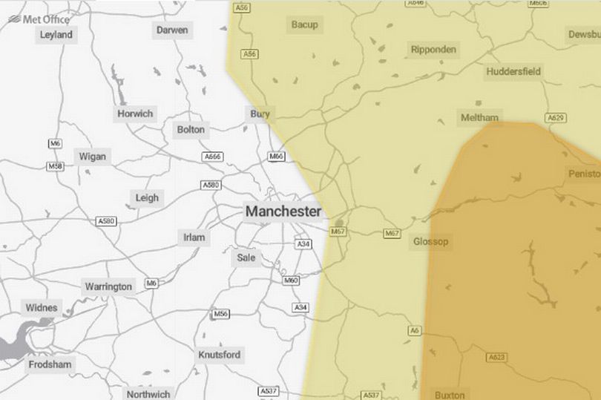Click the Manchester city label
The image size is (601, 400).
(283, 212)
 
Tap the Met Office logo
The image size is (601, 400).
(40, 18)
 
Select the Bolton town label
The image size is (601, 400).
(191, 129)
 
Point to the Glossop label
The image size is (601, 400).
(430, 241)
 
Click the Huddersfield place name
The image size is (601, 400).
(513, 71)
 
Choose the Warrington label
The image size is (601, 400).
(108, 286)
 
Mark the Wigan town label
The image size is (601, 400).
(92, 157)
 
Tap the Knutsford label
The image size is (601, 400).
(220, 355)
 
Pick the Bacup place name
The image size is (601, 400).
(304, 24)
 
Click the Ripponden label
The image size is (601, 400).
(434, 50)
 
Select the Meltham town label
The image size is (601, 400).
(480, 118)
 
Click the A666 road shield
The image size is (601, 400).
(212, 157)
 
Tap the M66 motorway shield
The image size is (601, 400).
(276, 157)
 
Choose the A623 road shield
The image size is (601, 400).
(496, 358)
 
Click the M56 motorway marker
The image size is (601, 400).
(220, 314)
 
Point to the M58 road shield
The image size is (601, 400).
(55, 167)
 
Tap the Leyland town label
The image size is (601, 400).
(56, 35)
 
